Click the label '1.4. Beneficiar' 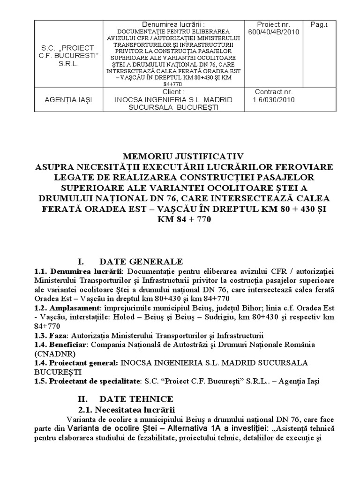tap(60, 345)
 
